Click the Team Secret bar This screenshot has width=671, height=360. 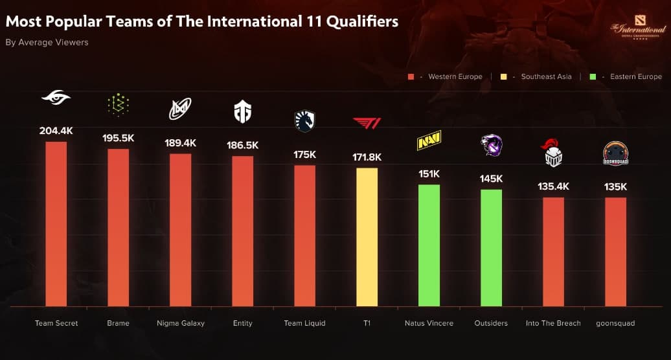click(56, 223)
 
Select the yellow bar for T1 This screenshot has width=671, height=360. click(367, 237)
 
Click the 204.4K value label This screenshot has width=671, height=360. click(56, 130)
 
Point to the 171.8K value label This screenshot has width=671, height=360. click(367, 157)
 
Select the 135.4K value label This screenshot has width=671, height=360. click(553, 186)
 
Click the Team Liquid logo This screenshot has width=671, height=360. click(304, 120)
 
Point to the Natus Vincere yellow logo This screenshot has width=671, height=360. click(429, 141)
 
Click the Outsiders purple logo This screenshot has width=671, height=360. click(491, 146)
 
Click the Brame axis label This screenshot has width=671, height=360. click(118, 323)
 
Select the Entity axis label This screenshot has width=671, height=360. click(242, 323)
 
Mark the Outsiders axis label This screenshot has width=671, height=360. click(491, 323)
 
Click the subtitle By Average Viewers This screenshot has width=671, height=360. click(47, 43)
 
